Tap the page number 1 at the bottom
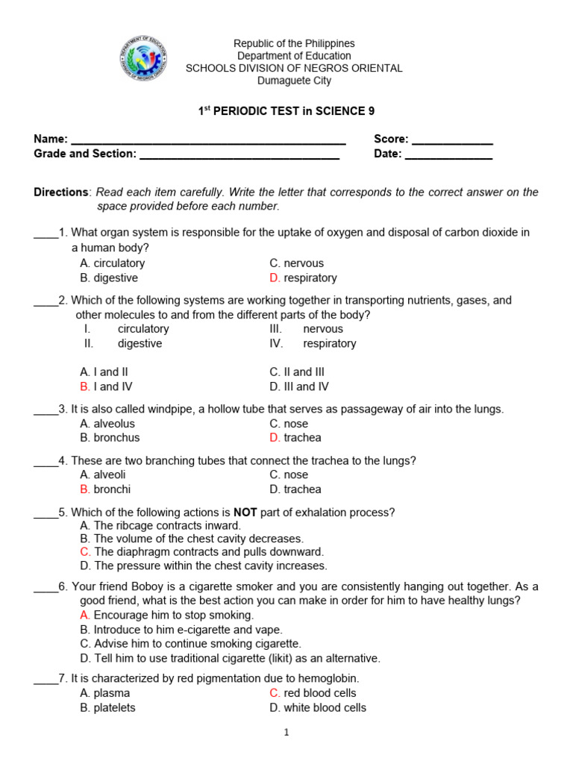point(286,733)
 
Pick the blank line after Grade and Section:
point(239,155)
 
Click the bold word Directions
point(61,192)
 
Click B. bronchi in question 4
point(105,489)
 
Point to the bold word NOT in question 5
point(245,512)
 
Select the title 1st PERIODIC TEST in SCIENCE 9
point(286,111)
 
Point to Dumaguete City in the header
point(294,81)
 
